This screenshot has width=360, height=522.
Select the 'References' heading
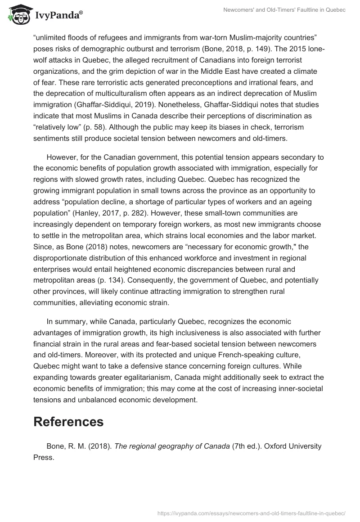click(x=68, y=422)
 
